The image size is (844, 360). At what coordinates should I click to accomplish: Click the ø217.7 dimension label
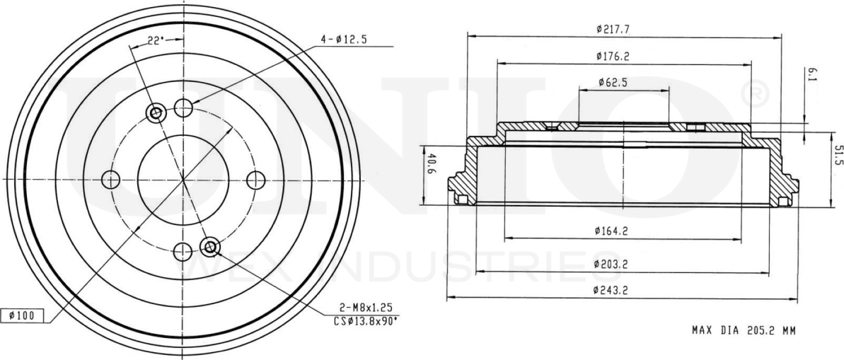613,29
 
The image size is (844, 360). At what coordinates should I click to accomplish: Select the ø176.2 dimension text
613,55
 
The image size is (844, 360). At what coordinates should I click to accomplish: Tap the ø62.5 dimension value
613,82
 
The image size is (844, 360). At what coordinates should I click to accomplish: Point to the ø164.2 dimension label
613,229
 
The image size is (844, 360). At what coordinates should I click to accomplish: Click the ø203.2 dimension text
613,264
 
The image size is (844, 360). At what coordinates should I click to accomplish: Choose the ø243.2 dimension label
613,291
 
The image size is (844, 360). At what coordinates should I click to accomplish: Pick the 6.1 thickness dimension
811,75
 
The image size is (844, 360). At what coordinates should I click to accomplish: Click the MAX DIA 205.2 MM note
743,330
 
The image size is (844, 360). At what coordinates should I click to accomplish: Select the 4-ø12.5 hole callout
343,40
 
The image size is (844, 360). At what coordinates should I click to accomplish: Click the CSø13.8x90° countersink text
365,320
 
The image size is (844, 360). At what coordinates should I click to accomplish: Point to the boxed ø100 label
22,315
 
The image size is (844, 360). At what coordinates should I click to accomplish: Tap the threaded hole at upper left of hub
156,112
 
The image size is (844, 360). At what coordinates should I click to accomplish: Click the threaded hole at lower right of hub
209,247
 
